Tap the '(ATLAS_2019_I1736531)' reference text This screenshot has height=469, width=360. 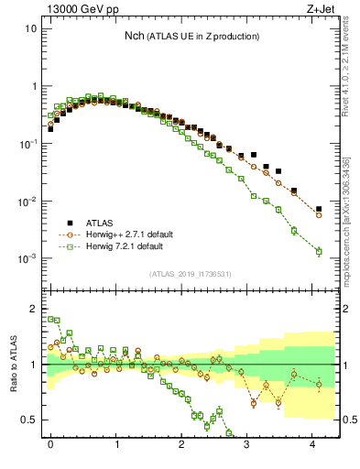(x=191, y=274)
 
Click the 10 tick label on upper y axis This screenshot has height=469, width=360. (x=30, y=28)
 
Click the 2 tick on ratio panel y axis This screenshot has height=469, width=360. (x=32, y=309)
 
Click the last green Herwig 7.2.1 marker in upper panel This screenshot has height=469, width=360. (x=319, y=251)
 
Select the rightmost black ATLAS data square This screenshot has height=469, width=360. (x=319, y=209)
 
